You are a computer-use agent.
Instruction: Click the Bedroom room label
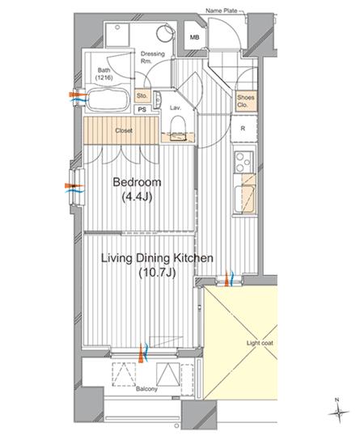tap(137, 183)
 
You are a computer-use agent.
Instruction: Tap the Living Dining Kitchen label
tap(157, 258)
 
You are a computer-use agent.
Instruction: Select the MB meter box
tap(194, 36)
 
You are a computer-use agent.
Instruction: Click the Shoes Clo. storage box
tap(246, 101)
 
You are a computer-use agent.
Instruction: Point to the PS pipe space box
tap(142, 109)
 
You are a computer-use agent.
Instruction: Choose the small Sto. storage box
tap(142, 96)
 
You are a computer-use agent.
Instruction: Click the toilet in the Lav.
tap(177, 126)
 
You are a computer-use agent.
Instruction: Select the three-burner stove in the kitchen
tap(244, 161)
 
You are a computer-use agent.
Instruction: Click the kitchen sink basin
tap(244, 199)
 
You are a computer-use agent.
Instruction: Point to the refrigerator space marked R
tap(244, 129)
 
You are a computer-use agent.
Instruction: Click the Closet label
tap(124, 130)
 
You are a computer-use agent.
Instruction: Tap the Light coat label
tap(260, 343)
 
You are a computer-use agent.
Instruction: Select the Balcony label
tap(146, 389)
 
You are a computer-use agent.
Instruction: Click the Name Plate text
tap(222, 11)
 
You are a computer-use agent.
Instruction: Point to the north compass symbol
tap(338, 412)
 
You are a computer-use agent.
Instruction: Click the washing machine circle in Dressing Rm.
tap(165, 33)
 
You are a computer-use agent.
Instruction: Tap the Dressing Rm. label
tap(152, 57)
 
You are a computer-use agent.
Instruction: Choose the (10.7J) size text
tap(157, 273)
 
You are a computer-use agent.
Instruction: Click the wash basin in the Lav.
tap(158, 99)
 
